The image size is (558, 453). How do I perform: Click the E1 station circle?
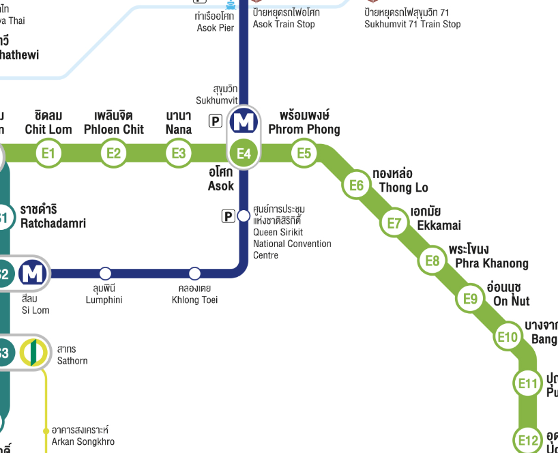tap(48, 153)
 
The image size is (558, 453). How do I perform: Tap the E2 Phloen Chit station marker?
tap(113, 153)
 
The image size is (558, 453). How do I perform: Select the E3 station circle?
tap(179, 153)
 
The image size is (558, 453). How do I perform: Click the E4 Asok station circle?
tap(244, 154)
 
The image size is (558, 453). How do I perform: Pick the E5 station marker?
tap(304, 153)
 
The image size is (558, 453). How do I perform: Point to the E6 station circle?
tap(356, 185)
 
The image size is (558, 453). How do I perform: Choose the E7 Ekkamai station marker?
tap(394, 223)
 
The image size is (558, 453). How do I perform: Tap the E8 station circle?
tap(432, 261)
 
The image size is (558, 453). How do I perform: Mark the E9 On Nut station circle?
tap(471, 299)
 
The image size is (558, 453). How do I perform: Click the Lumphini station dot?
tap(105, 274)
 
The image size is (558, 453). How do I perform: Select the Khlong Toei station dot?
tap(194, 274)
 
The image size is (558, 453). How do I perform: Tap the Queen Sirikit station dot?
tap(244, 216)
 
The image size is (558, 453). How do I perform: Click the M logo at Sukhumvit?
tap(244, 121)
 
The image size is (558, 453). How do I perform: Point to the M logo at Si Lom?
tap(33, 274)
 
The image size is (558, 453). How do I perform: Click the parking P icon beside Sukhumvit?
tap(216, 121)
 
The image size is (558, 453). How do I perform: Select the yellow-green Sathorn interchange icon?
tap(33, 352)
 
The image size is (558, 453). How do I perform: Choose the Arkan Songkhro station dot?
tap(46, 431)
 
